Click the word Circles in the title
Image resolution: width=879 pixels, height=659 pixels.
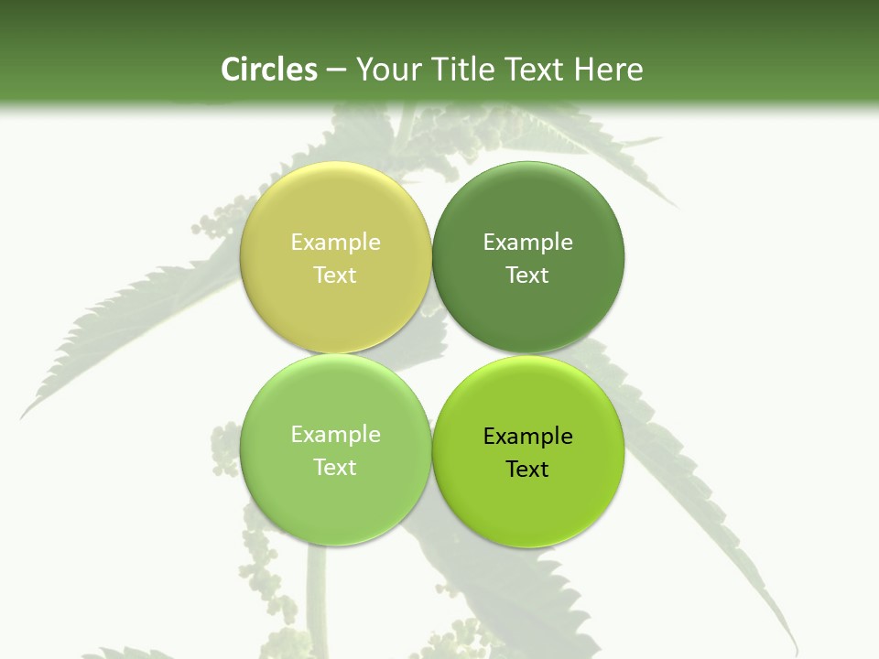268,70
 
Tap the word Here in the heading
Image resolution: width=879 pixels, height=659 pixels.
608,70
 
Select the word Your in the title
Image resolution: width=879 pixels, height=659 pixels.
385,70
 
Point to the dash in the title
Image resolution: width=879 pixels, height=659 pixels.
335,70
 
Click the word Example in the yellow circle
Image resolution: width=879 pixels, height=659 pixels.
335,243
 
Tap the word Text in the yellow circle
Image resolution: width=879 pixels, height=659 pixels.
335,275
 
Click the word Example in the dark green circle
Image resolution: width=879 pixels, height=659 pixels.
527,243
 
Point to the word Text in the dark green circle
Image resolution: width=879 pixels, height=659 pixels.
527,275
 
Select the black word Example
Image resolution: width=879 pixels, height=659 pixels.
527,437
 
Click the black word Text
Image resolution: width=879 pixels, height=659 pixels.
527,470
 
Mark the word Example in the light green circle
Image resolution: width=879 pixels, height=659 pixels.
335,435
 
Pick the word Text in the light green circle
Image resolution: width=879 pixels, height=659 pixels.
335,468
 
